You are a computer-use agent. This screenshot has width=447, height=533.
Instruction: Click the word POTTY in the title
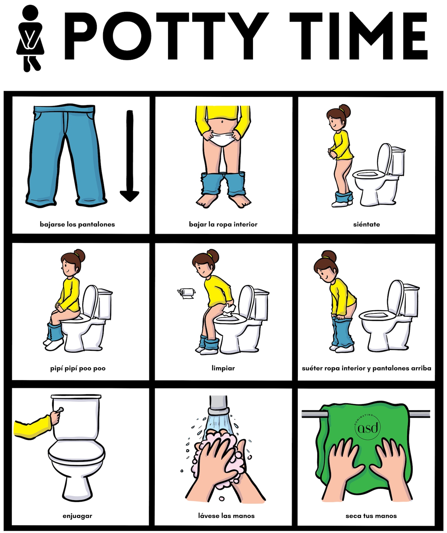click(166, 36)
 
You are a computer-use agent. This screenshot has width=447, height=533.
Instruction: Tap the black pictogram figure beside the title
click(30, 38)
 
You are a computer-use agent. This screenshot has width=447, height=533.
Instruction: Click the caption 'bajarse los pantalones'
click(77, 224)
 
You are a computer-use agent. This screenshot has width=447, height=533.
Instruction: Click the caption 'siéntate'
click(366, 224)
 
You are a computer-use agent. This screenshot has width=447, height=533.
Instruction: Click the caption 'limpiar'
click(223, 368)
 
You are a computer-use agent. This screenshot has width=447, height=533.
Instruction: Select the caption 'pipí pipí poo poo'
click(78, 368)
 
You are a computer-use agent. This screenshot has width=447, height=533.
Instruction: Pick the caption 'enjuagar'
click(77, 516)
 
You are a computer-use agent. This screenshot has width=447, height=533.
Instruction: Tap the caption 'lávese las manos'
click(226, 516)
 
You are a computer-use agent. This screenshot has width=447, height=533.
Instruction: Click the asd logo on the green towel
click(368, 427)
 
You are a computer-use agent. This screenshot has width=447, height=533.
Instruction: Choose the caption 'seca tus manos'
click(371, 516)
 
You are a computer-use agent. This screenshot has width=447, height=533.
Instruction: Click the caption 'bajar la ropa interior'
click(223, 224)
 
